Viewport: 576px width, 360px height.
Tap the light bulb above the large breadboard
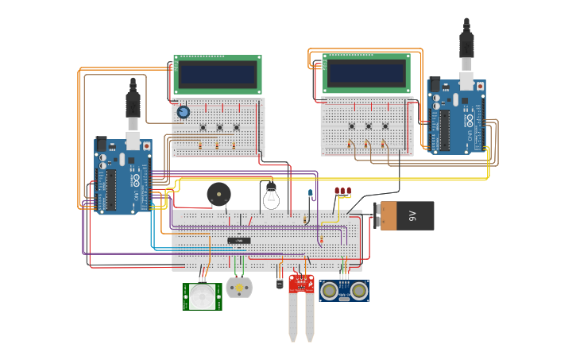[271, 195]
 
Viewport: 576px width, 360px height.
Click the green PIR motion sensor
[202, 296]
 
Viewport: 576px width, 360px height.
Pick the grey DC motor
[239, 287]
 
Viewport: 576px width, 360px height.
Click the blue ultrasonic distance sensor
[344, 291]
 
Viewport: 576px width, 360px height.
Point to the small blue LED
[310, 193]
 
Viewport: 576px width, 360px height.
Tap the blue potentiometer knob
[184, 112]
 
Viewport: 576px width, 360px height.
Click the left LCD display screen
[218, 75]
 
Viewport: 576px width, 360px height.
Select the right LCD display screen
[366, 74]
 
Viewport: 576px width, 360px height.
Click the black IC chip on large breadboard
[239, 240]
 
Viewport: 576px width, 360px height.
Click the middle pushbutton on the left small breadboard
[219, 127]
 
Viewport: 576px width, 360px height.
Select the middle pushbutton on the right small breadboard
[369, 126]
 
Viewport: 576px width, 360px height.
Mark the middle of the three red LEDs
[342, 191]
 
